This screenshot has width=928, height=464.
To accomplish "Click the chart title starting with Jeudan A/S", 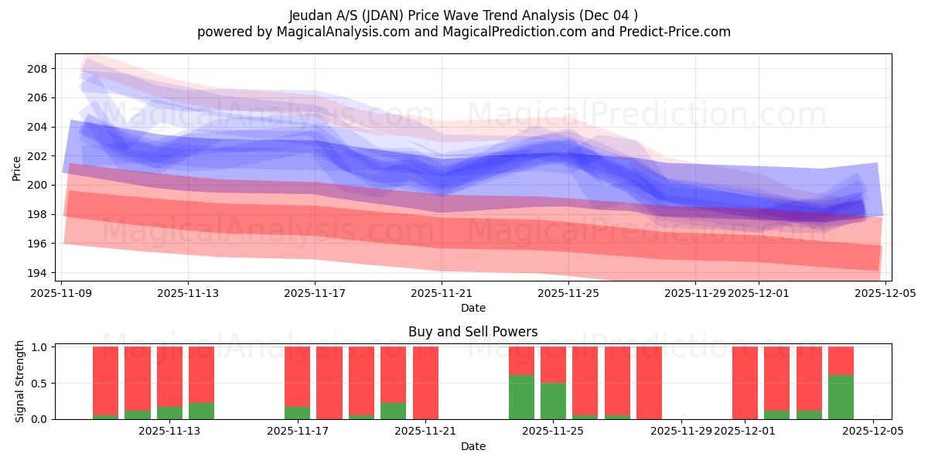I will point(463,15).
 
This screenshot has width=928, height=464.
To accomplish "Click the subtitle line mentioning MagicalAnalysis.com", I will point(463,32).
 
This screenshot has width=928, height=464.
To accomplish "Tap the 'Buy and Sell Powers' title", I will point(473,332).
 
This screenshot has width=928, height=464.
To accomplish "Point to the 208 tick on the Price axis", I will point(38,69).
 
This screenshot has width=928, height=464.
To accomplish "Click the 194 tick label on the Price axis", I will point(38,273).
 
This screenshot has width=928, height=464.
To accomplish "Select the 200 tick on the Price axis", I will point(38,186).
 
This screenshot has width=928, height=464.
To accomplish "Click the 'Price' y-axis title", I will point(17,167).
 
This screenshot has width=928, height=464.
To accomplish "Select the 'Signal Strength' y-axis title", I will point(21,381).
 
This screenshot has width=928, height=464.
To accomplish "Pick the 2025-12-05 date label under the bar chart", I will point(873,432).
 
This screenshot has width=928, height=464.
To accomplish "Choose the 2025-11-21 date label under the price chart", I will point(442,293).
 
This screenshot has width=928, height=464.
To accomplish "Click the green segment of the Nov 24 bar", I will point(521,397).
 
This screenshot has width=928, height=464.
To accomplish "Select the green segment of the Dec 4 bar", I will point(841,397).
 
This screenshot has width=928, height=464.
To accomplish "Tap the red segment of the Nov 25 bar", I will point(553,364).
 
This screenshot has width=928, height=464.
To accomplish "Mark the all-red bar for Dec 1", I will point(745,383).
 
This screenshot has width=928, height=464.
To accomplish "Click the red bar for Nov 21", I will point(425,383).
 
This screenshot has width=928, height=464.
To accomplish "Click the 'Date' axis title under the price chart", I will point(473,308).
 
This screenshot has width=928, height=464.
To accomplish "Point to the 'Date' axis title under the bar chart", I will point(473,446).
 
